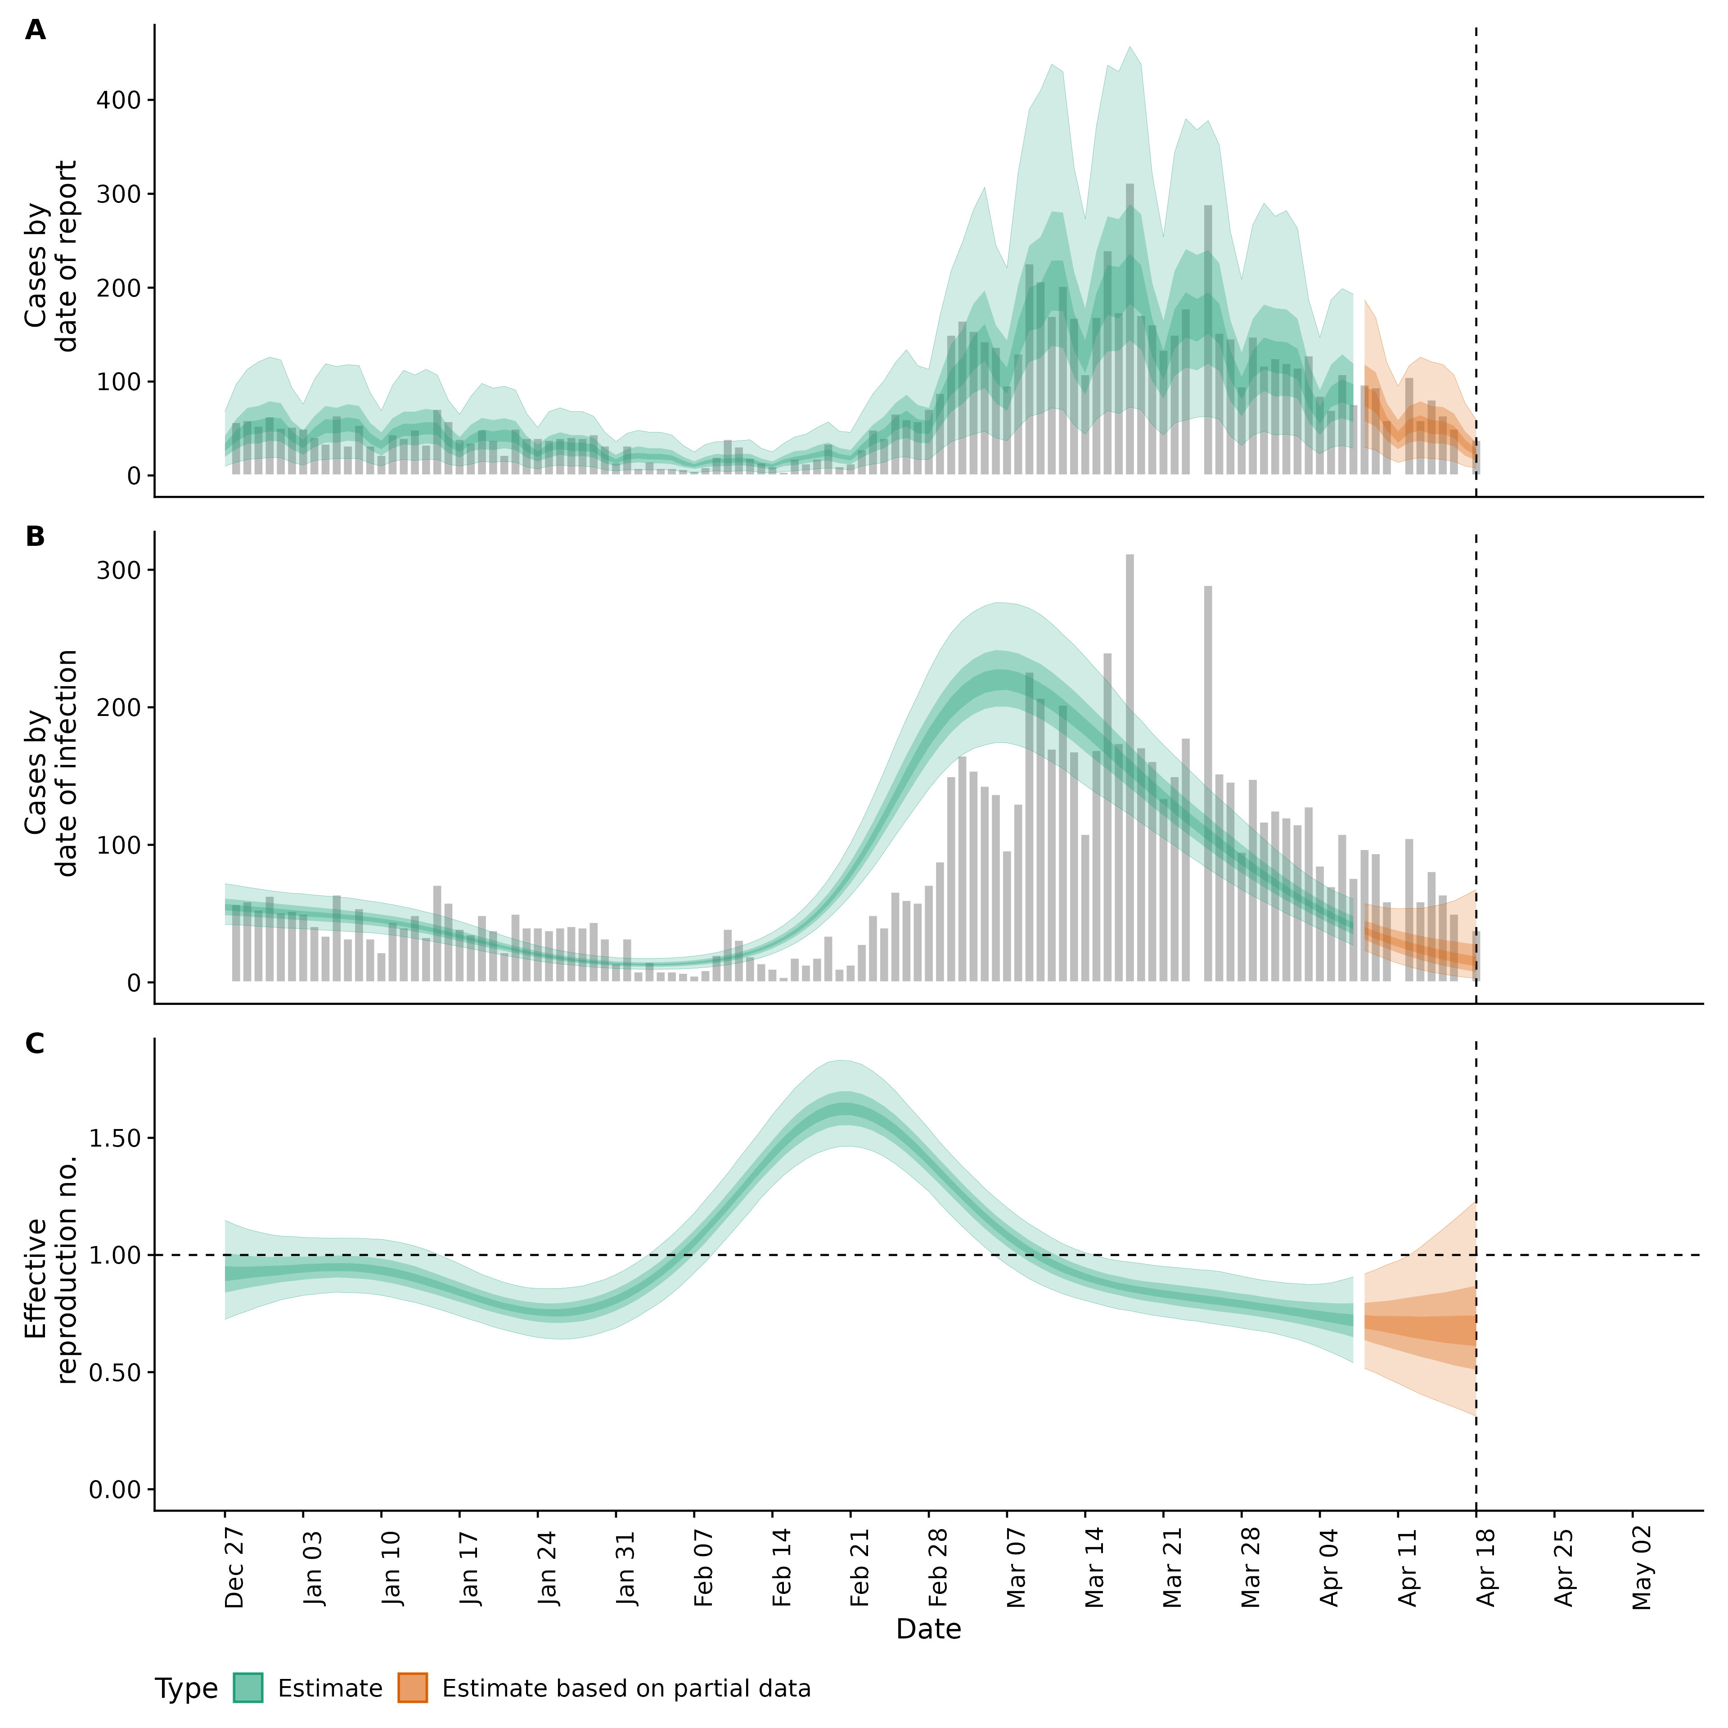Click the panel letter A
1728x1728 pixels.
(x=35, y=31)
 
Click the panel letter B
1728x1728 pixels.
(x=35, y=537)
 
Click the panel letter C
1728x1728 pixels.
(x=35, y=1044)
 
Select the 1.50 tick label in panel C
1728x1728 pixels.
(x=114, y=1138)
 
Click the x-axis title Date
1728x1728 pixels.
(x=928, y=1629)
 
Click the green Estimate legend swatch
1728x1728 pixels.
(x=248, y=1689)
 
